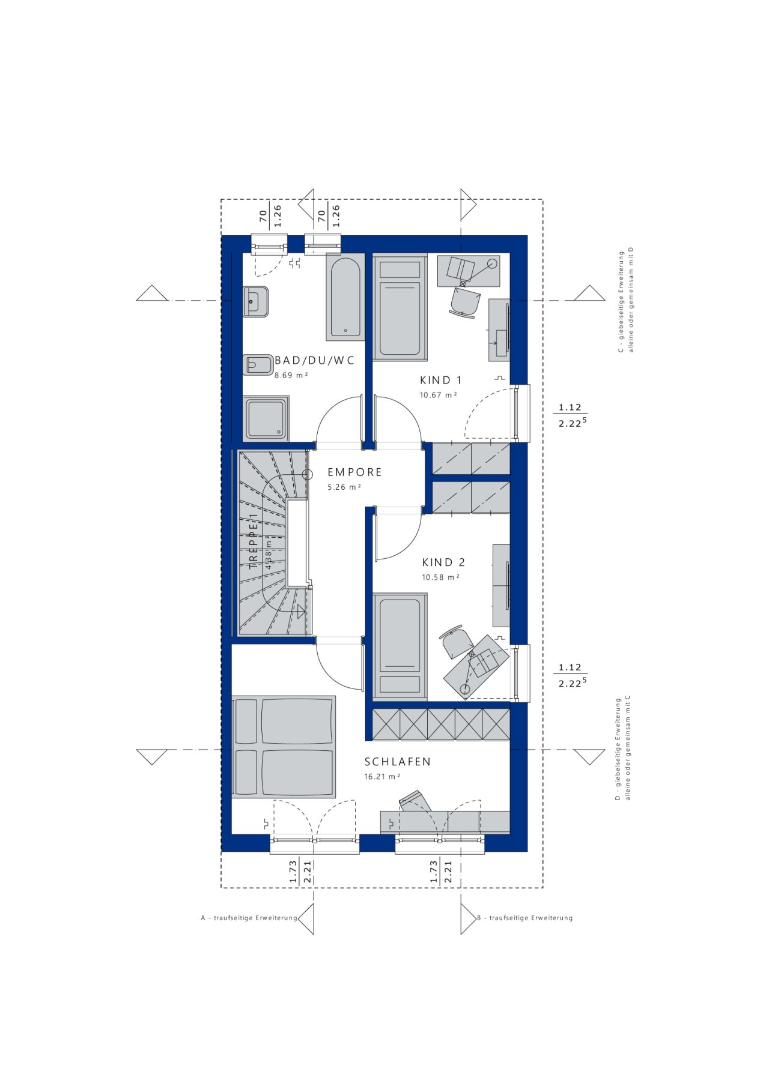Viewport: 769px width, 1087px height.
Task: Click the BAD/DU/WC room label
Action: coord(314,361)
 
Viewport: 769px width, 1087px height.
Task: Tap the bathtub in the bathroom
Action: coord(345,297)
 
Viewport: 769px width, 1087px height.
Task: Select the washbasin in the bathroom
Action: coord(256,301)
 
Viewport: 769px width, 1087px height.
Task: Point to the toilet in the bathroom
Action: coord(257,365)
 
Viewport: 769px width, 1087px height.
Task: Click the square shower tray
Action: coord(266,418)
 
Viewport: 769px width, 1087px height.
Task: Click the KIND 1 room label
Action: coord(440,380)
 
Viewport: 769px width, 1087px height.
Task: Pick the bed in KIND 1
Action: coord(400,309)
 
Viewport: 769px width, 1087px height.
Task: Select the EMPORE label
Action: coord(354,472)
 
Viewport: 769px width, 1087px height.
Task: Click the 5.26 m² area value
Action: coord(344,487)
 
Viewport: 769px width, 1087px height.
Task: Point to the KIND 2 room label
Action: coord(443,562)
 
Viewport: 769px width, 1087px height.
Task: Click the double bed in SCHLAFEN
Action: coord(284,747)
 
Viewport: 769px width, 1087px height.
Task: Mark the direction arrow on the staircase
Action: coord(300,612)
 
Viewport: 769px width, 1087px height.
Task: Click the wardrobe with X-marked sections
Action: coord(441,724)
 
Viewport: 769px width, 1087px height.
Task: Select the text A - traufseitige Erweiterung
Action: coord(249,918)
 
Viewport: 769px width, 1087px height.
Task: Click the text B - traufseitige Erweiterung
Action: coord(524,918)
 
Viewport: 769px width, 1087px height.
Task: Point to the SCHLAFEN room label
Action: coord(398,762)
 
